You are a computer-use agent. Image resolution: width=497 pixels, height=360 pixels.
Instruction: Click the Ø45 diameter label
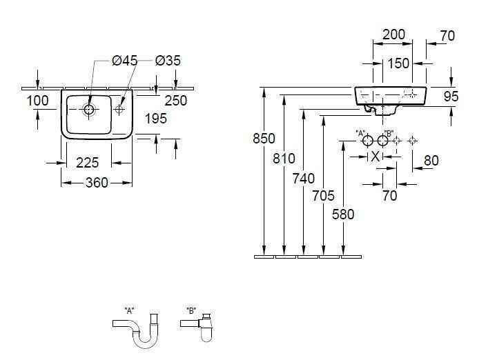[x=124, y=61]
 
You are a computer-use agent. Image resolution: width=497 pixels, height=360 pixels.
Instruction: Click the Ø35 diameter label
[x=168, y=61]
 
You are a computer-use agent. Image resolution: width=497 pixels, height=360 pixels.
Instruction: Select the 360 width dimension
[x=97, y=183]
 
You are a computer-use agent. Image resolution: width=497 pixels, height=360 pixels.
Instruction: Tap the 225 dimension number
[x=88, y=163]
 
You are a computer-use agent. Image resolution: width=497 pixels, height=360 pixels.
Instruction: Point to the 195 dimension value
[x=155, y=119]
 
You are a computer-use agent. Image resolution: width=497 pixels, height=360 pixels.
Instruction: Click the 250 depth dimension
[x=176, y=101]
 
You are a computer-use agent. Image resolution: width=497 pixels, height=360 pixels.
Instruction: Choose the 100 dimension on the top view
[x=37, y=101]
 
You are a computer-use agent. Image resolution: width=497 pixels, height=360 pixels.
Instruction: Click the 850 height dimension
[x=264, y=139]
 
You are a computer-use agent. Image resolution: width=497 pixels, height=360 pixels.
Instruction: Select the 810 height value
[x=284, y=159]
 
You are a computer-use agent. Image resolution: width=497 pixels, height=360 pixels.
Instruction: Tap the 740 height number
[x=304, y=179]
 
